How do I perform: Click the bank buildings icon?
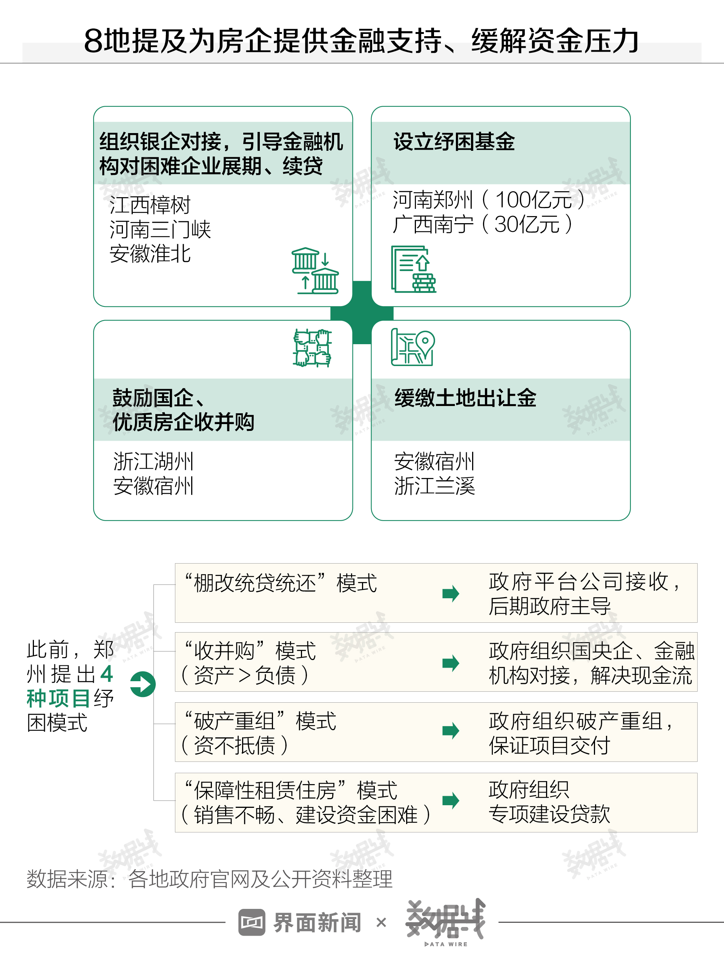click(x=315, y=270)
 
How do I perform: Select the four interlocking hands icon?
click(x=313, y=348)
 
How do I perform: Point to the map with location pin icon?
click(x=413, y=347)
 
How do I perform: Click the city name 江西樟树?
click(x=150, y=205)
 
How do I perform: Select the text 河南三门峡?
click(x=160, y=230)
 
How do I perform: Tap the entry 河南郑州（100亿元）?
click(x=489, y=200)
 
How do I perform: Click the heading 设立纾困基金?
click(x=454, y=141)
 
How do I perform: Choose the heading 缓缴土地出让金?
click(x=465, y=398)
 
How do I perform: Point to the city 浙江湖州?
click(x=153, y=461)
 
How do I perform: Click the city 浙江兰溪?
click(x=434, y=486)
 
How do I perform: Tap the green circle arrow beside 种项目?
click(x=143, y=684)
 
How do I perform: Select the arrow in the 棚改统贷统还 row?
click(x=451, y=593)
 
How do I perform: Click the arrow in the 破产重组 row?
click(x=451, y=731)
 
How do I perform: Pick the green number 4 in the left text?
click(x=106, y=674)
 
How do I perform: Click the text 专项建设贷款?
click(x=549, y=814)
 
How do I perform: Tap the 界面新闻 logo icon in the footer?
click(x=252, y=922)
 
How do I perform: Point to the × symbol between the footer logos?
click(x=381, y=922)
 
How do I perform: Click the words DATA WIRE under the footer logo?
click(x=446, y=944)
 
